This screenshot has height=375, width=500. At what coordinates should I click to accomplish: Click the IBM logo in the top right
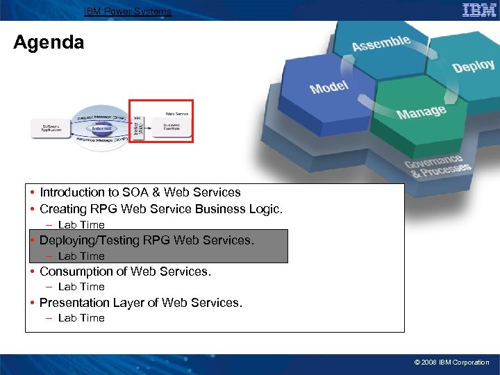(x=479, y=10)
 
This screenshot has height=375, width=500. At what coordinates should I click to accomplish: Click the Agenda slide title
(x=49, y=42)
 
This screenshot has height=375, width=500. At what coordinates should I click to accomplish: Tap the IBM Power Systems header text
(x=128, y=11)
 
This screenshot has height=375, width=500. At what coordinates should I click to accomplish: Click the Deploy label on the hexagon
(x=473, y=66)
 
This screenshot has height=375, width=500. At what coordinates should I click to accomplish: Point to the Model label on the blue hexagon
(x=329, y=87)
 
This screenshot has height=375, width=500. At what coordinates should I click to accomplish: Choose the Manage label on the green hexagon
(x=421, y=112)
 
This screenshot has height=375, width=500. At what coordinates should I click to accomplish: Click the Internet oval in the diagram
(x=101, y=128)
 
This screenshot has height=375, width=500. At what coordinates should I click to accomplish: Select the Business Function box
(x=172, y=128)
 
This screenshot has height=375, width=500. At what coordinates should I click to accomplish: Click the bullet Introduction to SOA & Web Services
(x=140, y=192)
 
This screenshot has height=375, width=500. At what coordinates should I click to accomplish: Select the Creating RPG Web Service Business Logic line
(x=160, y=209)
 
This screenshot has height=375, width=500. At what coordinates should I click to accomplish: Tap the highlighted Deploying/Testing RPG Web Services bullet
(x=147, y=240)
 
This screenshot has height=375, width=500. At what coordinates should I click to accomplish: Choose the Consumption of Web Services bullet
(x=125, y=272)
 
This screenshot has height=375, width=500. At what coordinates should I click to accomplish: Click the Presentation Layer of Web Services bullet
(x=140, y=303)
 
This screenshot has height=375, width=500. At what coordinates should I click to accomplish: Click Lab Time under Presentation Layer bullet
(x=81, y=318)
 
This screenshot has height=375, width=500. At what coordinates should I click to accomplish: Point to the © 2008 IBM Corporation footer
(x=451, y=362)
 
